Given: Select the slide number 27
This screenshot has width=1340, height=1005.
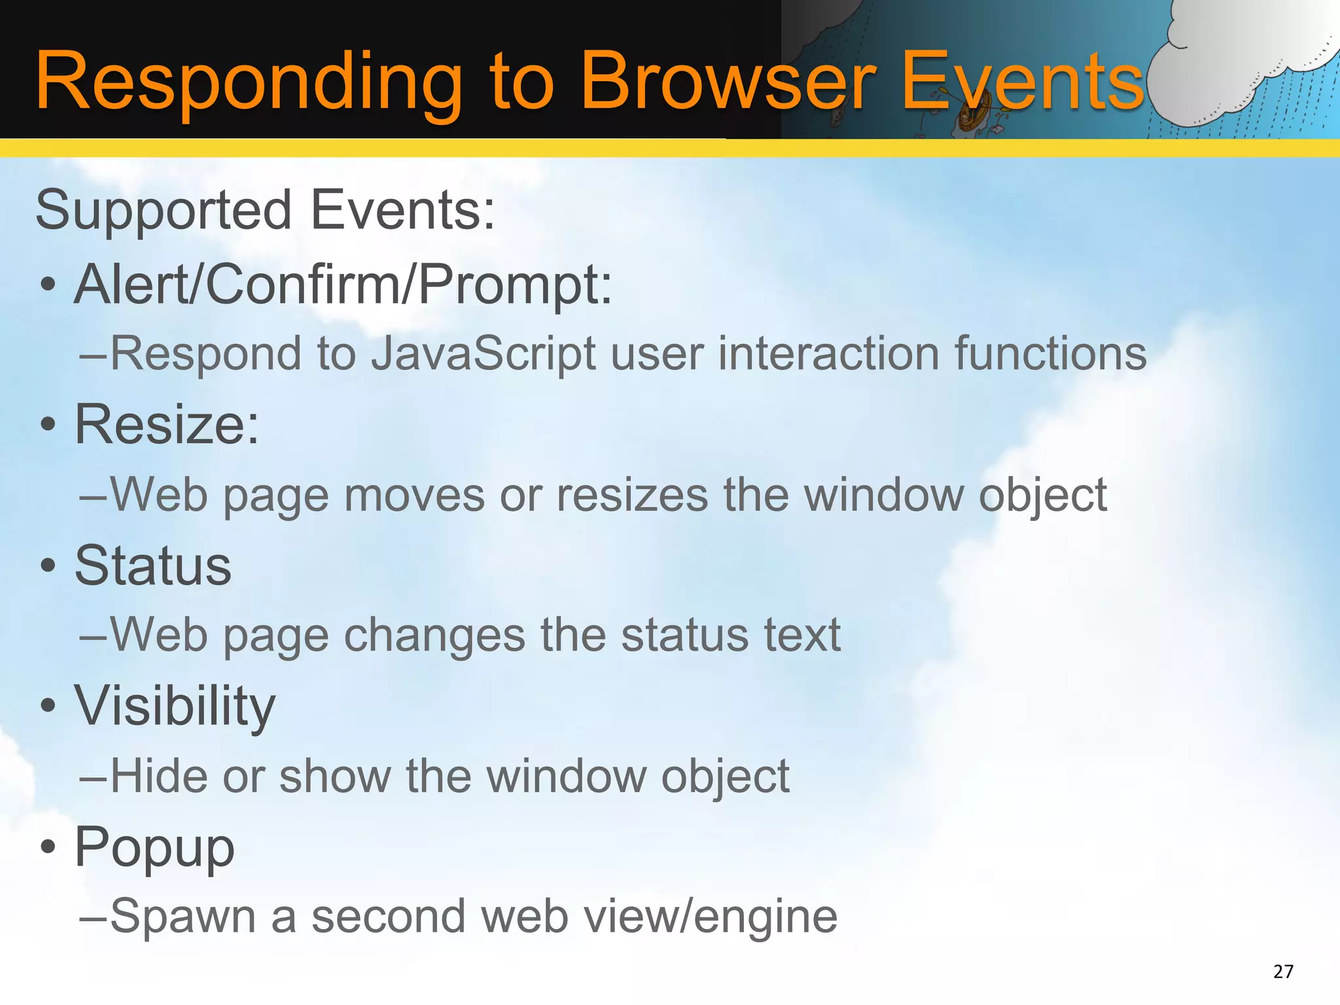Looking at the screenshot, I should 1283,972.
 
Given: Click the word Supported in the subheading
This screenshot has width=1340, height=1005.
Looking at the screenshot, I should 164,211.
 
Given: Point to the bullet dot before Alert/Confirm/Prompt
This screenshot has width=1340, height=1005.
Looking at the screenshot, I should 48,286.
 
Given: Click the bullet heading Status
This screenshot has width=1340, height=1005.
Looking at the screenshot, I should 153,566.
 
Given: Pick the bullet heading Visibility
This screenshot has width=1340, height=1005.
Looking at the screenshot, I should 175,707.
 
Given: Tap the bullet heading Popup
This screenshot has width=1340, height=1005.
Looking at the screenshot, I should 154,847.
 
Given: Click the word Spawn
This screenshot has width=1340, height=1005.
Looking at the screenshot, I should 183,917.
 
